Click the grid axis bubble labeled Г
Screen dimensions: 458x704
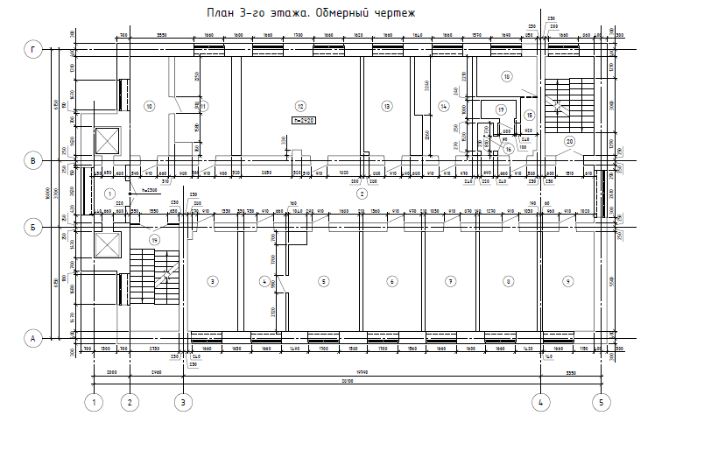33,51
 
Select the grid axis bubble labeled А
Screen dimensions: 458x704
33,337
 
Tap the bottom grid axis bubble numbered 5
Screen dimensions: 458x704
601,403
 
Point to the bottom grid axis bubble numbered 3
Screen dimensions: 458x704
182,403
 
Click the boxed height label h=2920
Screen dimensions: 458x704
304,119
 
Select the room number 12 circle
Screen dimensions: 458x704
299,105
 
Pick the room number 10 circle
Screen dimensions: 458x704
149,107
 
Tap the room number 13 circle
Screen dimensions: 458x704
385,106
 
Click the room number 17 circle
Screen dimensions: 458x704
501,109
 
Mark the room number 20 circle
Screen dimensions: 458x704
569,141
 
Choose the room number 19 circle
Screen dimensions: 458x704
155,240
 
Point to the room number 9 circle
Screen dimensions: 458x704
568,281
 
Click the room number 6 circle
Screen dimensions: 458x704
391,281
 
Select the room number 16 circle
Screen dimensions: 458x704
508,150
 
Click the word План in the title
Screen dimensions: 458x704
219,13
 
